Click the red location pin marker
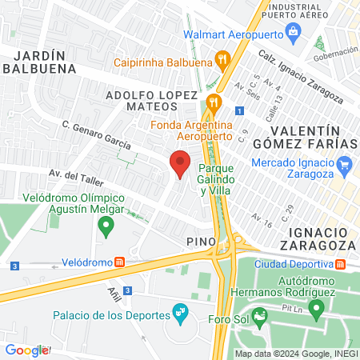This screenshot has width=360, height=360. coord(179,165)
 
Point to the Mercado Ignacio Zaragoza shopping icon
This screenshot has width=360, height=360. coord(345,168)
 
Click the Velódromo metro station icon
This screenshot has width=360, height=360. coord(119,262)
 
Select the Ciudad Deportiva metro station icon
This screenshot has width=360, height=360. coord(340,264)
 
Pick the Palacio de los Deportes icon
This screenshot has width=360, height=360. coord(180,313)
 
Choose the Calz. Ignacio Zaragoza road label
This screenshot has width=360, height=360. coord(301,79)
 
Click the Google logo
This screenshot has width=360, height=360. coord(26,350)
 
